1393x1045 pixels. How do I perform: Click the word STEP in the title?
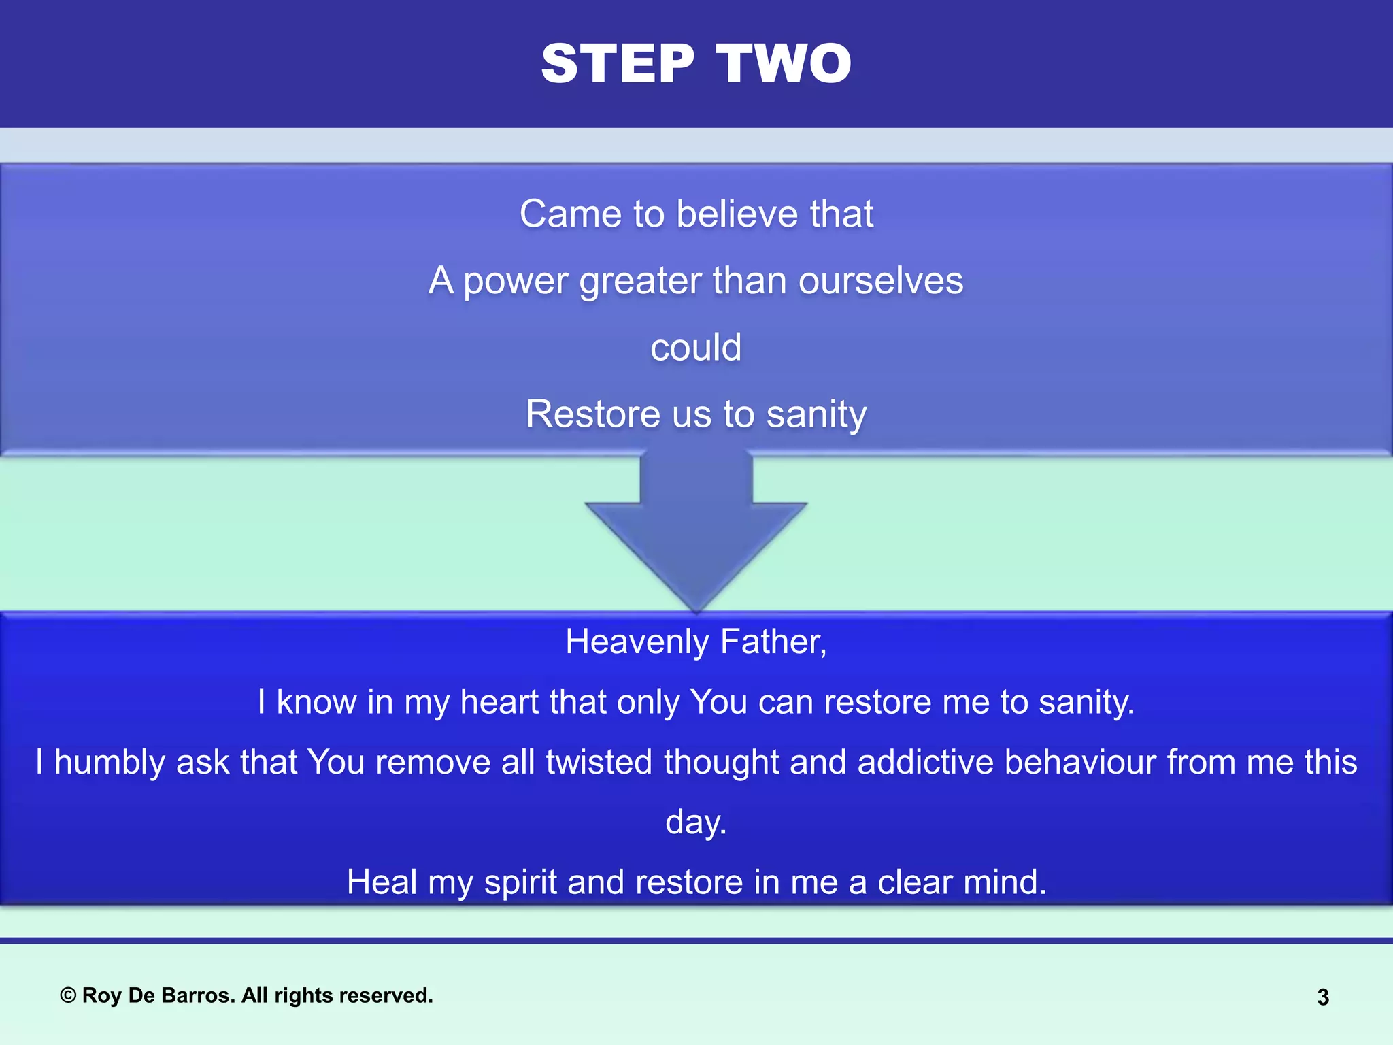(x=618, y=63)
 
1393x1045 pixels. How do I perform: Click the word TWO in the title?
(x=784, y=63)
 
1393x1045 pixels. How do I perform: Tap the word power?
(x=515, y=281)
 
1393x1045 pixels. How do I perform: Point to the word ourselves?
(x=881, y=281)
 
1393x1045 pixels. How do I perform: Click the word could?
(x=696, y=348)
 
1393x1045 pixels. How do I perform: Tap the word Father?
(x=773, y=642)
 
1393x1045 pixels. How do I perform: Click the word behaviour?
(x=1080, y=762)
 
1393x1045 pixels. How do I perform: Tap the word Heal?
(x=382, y=882)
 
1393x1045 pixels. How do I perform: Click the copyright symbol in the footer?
(x=68, y=996)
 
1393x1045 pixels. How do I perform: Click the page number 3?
(x=1323, y=997)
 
